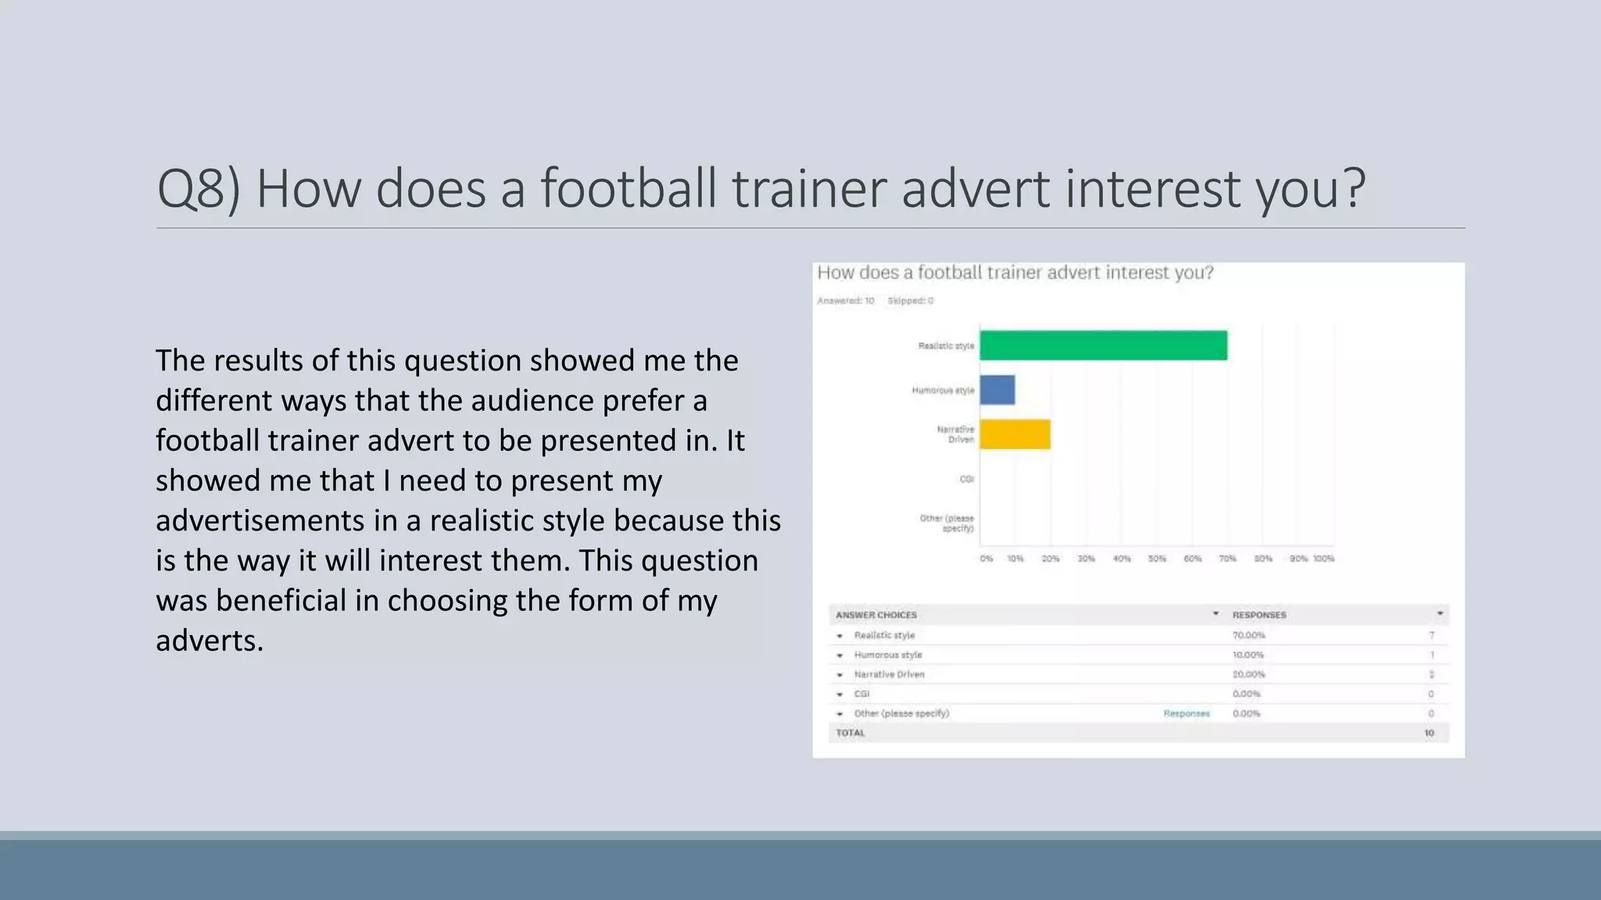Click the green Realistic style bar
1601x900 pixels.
pyautogui.click(x=1103, y=345)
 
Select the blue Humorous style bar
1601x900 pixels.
pyautogui.click(x=997, y=390)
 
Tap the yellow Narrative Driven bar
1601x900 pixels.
pyautogui.click(x=1015, y=434)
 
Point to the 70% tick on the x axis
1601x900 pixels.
pyautogui.click(x=1227, y=559)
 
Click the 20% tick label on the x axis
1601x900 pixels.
pyautogui.click(x=1051, y=559)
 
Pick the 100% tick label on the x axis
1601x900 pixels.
pyautogui.click(x=1323, y=559)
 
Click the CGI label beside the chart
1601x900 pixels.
pyautogui.click(x=966, y=479)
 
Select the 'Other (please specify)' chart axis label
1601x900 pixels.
pyautogui.click(x=947, y=523)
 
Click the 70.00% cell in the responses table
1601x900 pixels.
pyautogui.click(x=1248, y=635)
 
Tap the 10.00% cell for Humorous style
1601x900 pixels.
pyautogui.click(x=1248, y=655)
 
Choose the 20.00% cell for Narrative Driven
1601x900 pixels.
pyautogui.click(x=1248, y=674)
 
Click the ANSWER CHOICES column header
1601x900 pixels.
pyautogui.click(x=876, y=615)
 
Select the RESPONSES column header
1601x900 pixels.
pyautogui.click(x=1259, y=615)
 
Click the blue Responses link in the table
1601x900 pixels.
pyautogui.click(x=1186, y=713)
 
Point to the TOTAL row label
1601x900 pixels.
pyautogui.click(x=850, y=733)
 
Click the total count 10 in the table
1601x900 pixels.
pyautogui.click(x=1429, y=733)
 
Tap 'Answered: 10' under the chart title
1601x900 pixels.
pyautogui.click(x=845, y=301)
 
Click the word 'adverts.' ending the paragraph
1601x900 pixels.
pyautogui.click(x=209, y=641)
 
